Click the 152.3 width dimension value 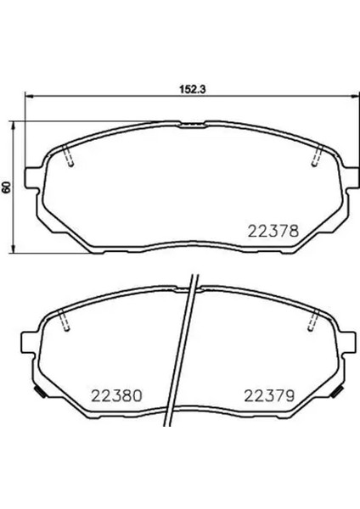[x=193, y=89]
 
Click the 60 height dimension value [x=6, y=187]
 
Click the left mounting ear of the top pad [x=32, y=177]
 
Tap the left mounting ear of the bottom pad [x=29, y=342]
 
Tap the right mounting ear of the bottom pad [x=347, y=342]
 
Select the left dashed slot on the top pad [x=68, y=155]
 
